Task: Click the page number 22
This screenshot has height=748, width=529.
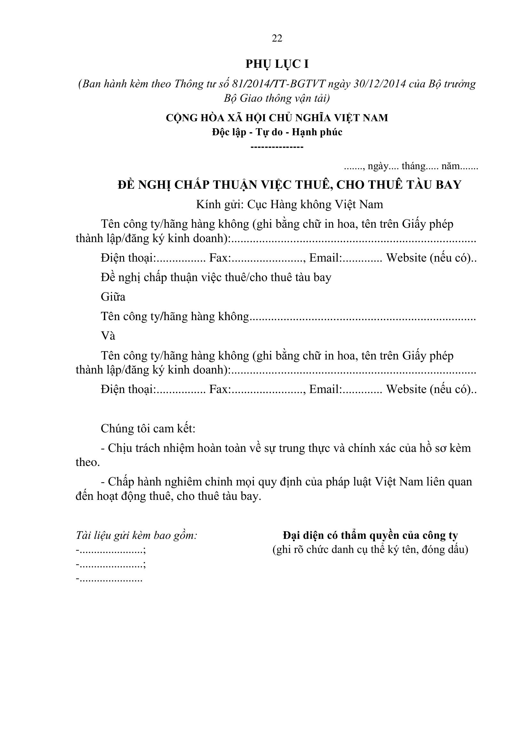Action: point(277,38)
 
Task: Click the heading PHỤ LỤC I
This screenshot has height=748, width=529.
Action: point(277,64)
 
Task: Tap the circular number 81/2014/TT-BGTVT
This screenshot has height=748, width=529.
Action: point(279,84)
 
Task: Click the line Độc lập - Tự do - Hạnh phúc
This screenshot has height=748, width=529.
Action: point(277,132)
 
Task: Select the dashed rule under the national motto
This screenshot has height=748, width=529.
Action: point(277,147)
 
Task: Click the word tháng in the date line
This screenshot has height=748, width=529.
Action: point(413,166)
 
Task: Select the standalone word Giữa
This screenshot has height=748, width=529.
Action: point(113,297)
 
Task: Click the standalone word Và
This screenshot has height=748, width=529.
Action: point(108,336)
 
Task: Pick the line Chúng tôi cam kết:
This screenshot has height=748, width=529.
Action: point(148,429)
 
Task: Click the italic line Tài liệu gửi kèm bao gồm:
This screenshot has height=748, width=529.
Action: point(137,535)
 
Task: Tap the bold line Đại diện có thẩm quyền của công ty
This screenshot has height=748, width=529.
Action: point(370,535)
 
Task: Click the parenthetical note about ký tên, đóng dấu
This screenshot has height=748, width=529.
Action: point(370,550)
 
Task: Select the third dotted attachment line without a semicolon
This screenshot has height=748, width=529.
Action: point(109,579)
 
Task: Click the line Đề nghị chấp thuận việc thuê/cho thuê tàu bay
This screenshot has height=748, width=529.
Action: point(216,277)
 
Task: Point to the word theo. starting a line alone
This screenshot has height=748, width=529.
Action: point(88,462)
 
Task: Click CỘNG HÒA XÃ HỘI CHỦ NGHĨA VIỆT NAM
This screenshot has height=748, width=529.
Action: point(277,118)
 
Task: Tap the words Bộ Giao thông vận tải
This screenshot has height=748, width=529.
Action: point(277,98)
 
